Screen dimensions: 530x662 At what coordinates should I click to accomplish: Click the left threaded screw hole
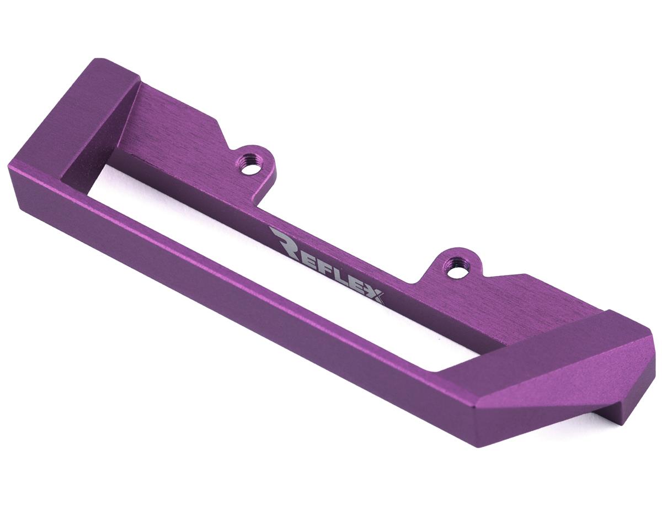[x=251, y=166]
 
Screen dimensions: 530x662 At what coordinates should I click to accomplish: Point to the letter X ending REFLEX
[x=375, y=295]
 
